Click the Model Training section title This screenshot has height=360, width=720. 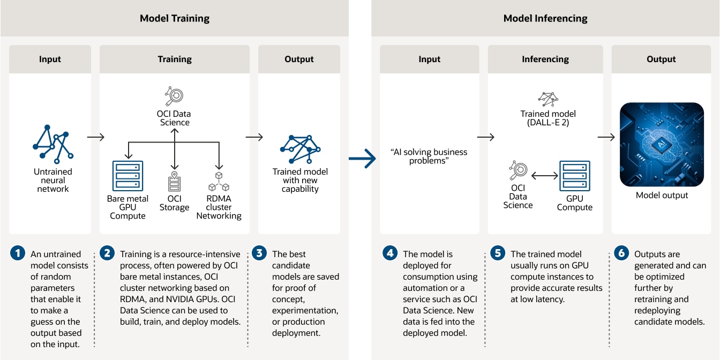pos(174,18)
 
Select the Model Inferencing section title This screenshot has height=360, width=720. pos(545,18)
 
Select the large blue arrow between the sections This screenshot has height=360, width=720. pos(362,159)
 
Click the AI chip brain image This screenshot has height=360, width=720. pos(662,144)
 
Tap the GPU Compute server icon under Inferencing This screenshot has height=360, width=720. pos(575,176)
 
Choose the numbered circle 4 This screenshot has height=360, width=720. pos(389,253)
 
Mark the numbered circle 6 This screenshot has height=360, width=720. pos(621,253)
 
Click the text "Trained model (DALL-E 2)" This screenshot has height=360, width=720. pos(548,118)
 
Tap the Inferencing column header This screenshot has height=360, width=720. pos(545,59)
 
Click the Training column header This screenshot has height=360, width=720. pos(174,59)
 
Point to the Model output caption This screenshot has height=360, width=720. pos(662,195)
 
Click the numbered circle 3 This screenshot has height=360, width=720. pos(259,253)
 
